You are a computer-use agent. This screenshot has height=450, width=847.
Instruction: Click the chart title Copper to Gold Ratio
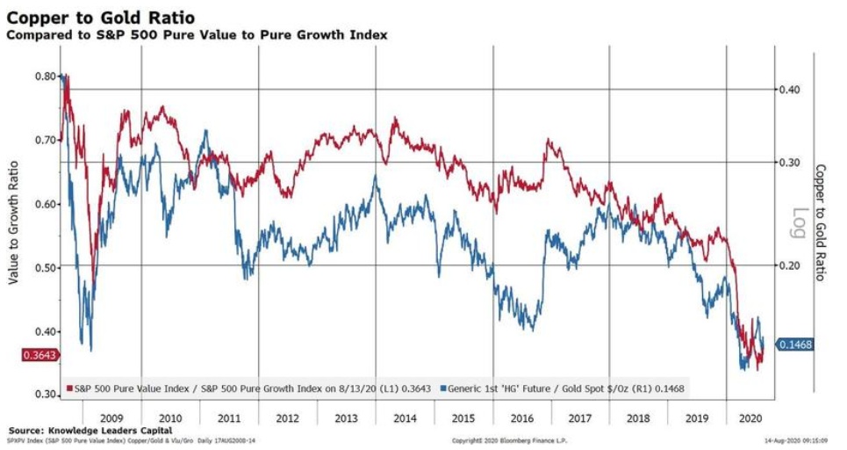coord(101,17)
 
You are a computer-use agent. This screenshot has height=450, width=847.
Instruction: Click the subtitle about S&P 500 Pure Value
coord(197,34)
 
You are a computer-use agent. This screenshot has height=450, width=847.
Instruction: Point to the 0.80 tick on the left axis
coord(45,76)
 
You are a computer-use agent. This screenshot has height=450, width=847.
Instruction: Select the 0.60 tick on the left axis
coord(45,204)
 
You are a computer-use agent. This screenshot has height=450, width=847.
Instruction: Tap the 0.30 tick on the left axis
coord(45,396)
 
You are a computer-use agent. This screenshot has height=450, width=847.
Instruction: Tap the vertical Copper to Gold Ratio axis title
coord(821,221)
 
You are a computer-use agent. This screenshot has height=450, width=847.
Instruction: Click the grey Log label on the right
coord(800,216)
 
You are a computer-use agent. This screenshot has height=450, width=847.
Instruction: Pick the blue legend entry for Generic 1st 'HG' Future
coord(562,388)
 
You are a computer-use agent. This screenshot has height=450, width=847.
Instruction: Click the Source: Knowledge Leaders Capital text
coord(90,430)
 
